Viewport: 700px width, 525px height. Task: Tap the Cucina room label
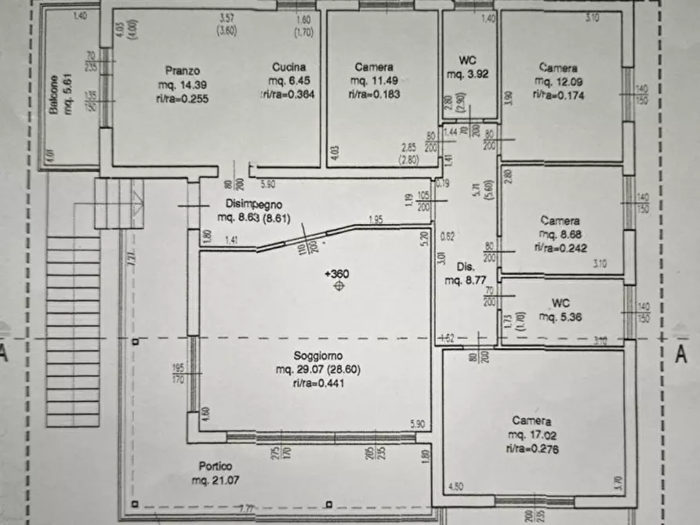click(289, 67)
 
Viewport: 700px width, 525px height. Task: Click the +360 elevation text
click(337, 273)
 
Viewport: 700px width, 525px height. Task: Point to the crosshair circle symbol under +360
click(339, 287)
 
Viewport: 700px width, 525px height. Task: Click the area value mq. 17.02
click(532, 435)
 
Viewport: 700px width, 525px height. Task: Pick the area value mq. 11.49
click(373, 81)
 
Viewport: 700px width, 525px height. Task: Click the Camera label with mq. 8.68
click(560, 221)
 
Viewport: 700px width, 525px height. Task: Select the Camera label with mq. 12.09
click(559, 67)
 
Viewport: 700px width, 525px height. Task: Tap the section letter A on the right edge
click(680, 353)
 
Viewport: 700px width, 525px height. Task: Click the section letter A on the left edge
click(4, 353)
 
